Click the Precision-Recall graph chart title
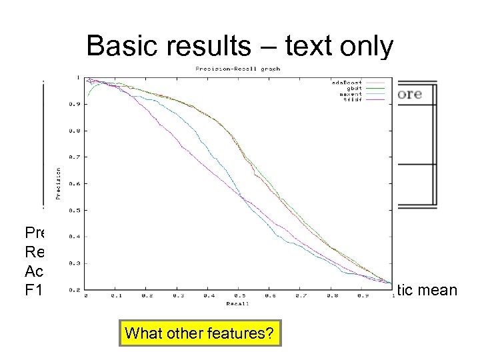pos(238,69)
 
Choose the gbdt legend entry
pos(347,87)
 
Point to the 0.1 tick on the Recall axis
pos(117,295)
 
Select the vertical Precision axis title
pos(59,183)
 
